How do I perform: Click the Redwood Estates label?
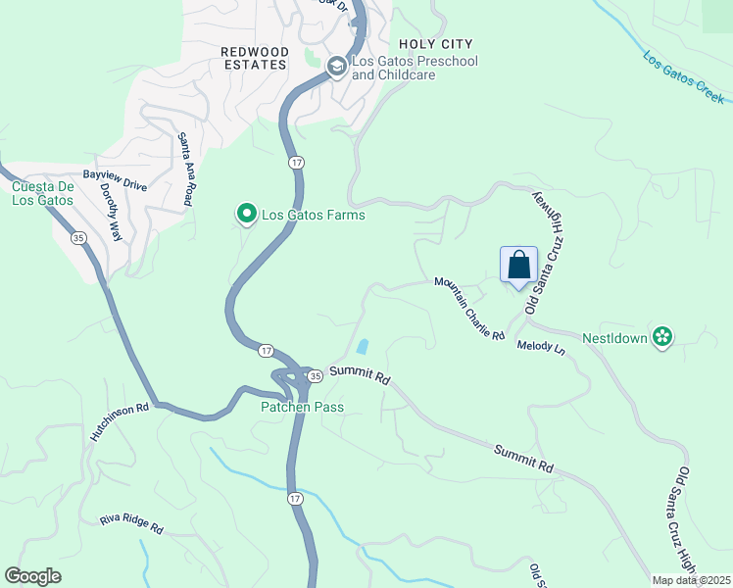click(254, 58)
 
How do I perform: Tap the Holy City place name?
click(435, 44)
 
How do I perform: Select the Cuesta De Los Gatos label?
click(42, 193)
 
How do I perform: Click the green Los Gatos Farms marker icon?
click(246, 213)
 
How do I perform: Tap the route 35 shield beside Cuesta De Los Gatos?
click(76, 237)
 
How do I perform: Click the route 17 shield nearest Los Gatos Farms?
click(295, 161)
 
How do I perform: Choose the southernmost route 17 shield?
click(295, 500)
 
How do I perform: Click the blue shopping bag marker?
click(518, 265)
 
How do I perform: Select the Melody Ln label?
click(542, 348)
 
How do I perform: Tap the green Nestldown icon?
click(662, 337)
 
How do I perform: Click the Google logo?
click(33, 576)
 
